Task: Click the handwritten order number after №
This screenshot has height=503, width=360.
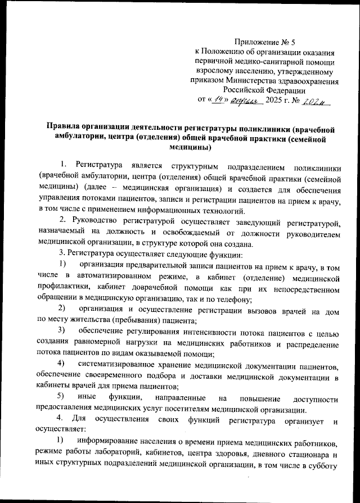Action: (319, 100)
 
